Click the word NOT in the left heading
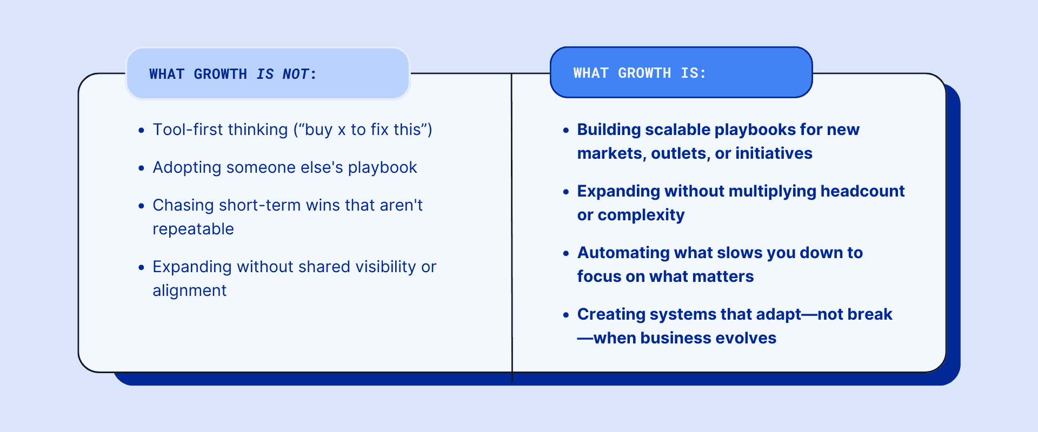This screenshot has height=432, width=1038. click(296, 74)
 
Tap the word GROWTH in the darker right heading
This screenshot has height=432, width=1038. click(644, 73)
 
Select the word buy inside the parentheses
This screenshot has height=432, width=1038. click(318, 130)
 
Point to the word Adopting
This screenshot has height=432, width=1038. click(187, 167)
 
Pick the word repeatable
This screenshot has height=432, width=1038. click(193, 229)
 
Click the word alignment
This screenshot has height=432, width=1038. click(189, 291)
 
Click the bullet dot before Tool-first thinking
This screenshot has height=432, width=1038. click(142, 130)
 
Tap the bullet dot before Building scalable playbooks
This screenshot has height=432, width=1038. click(566, 130)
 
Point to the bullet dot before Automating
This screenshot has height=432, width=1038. click(566, 253)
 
